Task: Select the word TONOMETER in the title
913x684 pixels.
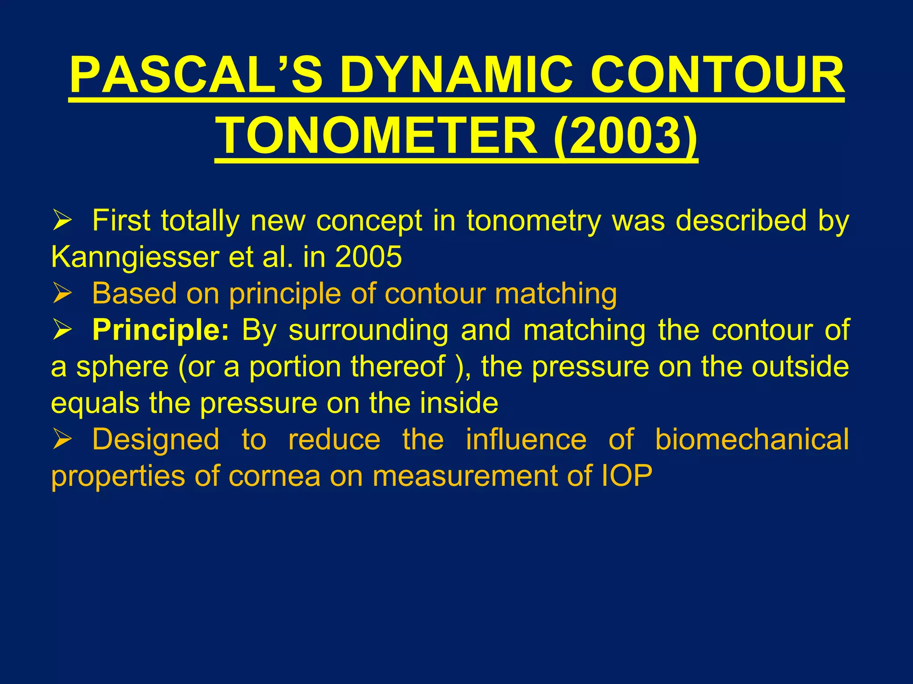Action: point(378,135)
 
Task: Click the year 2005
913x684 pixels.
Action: point(368,257)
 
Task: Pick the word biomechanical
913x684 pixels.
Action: point(752,440)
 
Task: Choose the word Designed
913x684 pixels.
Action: point(156,440)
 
